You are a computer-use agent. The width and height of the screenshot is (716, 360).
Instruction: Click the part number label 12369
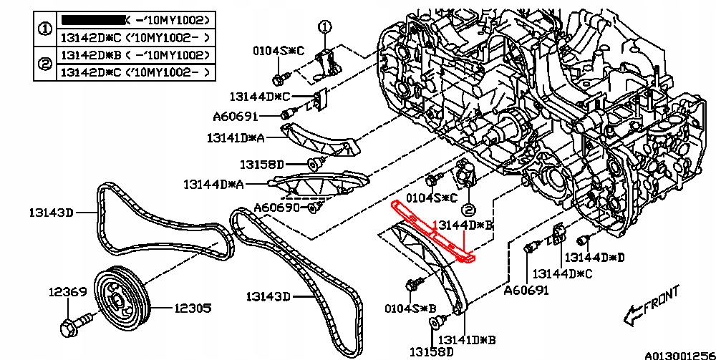click(67, 292)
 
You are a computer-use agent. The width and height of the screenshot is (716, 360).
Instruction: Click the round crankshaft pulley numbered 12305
click(122, 298)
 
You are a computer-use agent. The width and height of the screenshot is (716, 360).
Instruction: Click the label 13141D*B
click(467, 339)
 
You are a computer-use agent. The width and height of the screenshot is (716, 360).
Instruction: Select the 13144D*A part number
click(213, 184)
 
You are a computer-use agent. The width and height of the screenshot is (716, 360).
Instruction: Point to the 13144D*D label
click(594, 256)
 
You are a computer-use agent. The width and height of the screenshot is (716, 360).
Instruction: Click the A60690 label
click(277, 208)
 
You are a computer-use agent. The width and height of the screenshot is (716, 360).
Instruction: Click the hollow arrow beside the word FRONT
click(632, 312)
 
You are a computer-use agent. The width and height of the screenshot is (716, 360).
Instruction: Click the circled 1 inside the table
click(45, 29)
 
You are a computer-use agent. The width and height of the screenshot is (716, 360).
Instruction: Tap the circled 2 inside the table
click(45, 64)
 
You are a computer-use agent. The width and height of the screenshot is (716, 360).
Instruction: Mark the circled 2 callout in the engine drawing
click(467, 209)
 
